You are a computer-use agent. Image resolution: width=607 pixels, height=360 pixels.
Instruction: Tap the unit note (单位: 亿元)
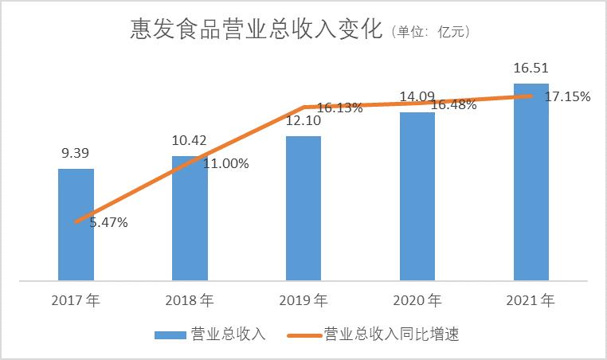coord(431,33)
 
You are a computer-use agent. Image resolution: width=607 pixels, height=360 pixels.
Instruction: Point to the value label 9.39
coord(76,153)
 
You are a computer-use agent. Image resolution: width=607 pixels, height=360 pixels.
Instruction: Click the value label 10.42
coord(190,140)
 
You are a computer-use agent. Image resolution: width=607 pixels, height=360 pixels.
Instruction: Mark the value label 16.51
coord(531,68)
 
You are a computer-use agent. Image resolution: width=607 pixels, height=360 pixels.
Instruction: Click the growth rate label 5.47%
coord(108,223)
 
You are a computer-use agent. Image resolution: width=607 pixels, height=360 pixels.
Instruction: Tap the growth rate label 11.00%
coord(226,164)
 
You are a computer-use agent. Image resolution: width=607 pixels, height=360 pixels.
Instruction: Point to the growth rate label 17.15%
coord(567,97)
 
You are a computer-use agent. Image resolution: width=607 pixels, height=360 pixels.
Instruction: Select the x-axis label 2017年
coord(76,301)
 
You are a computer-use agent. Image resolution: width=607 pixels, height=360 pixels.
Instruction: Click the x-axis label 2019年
coord(303,301)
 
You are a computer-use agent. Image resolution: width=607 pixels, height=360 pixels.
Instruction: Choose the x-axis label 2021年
coord(531,301)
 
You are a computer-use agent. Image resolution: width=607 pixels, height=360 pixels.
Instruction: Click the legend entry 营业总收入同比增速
coord(391,335)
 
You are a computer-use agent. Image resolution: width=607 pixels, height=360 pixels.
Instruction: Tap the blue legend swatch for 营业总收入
coord(170,335)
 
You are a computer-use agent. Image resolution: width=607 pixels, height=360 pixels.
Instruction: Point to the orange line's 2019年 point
coord(303,107)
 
